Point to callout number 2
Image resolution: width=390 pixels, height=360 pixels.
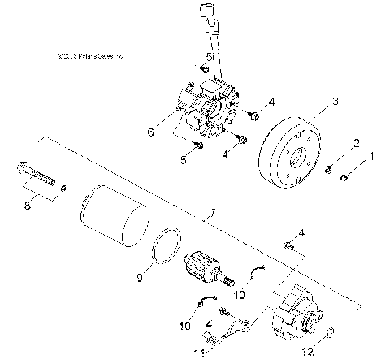355,144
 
